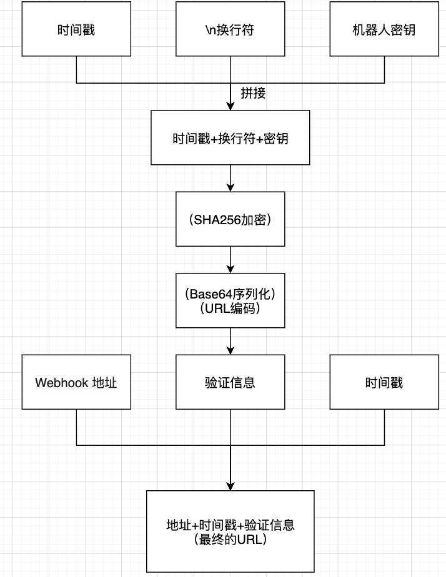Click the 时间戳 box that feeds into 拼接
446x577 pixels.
76,30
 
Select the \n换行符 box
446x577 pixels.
230,30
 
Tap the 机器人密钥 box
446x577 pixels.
384,30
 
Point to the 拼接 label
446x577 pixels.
254,93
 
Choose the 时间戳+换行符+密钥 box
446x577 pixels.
230,138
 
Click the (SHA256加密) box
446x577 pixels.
230,219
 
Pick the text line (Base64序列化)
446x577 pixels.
230,294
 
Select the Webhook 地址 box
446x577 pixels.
76,382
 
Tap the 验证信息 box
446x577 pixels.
230,382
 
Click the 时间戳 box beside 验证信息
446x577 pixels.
384,382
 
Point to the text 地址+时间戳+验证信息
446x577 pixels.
230,525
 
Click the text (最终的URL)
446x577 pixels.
230,539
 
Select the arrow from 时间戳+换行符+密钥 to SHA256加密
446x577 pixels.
230,178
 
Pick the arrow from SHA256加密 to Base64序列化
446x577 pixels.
230,259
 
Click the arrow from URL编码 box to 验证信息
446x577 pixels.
230,341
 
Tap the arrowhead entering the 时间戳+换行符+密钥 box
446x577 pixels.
230,106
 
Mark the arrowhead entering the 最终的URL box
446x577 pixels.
230,486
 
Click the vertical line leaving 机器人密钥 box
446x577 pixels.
384,70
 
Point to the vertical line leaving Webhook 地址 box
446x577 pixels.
76,427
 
